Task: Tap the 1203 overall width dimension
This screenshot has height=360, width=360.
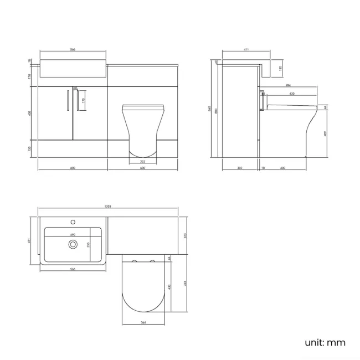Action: (108, 207)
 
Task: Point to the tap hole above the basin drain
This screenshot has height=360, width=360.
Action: (72, 222)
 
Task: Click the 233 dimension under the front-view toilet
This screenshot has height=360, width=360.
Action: (142, 161)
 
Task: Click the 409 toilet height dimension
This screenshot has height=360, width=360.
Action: (326, 133)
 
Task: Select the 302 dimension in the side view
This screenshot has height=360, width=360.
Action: (239, 167)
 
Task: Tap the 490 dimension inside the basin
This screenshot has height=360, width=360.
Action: (72, 234)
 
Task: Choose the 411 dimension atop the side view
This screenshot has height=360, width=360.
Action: (245, 50)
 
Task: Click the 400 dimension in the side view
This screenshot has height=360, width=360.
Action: (282, 167)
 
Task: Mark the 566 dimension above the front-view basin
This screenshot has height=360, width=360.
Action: (73, 50)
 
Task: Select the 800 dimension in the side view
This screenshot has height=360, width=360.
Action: (217, 111)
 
